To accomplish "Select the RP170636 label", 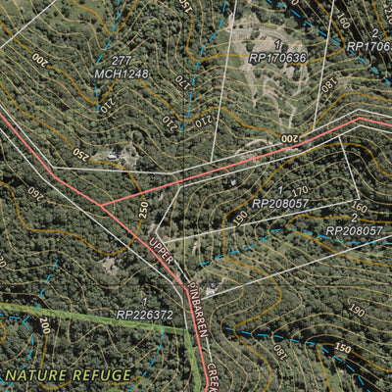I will coord(277,57).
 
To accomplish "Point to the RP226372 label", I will coord(145,315).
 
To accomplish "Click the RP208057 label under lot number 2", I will coord(354,230).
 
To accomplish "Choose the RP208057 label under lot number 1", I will coord(281,203).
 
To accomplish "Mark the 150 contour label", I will coord(342,349).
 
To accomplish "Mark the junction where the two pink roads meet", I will coord(100,206).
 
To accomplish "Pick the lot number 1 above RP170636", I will coord(277,45).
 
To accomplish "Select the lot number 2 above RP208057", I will coord(354,219).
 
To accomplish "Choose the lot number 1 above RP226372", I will coord(145,303).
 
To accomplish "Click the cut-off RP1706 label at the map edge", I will coord(369,45).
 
